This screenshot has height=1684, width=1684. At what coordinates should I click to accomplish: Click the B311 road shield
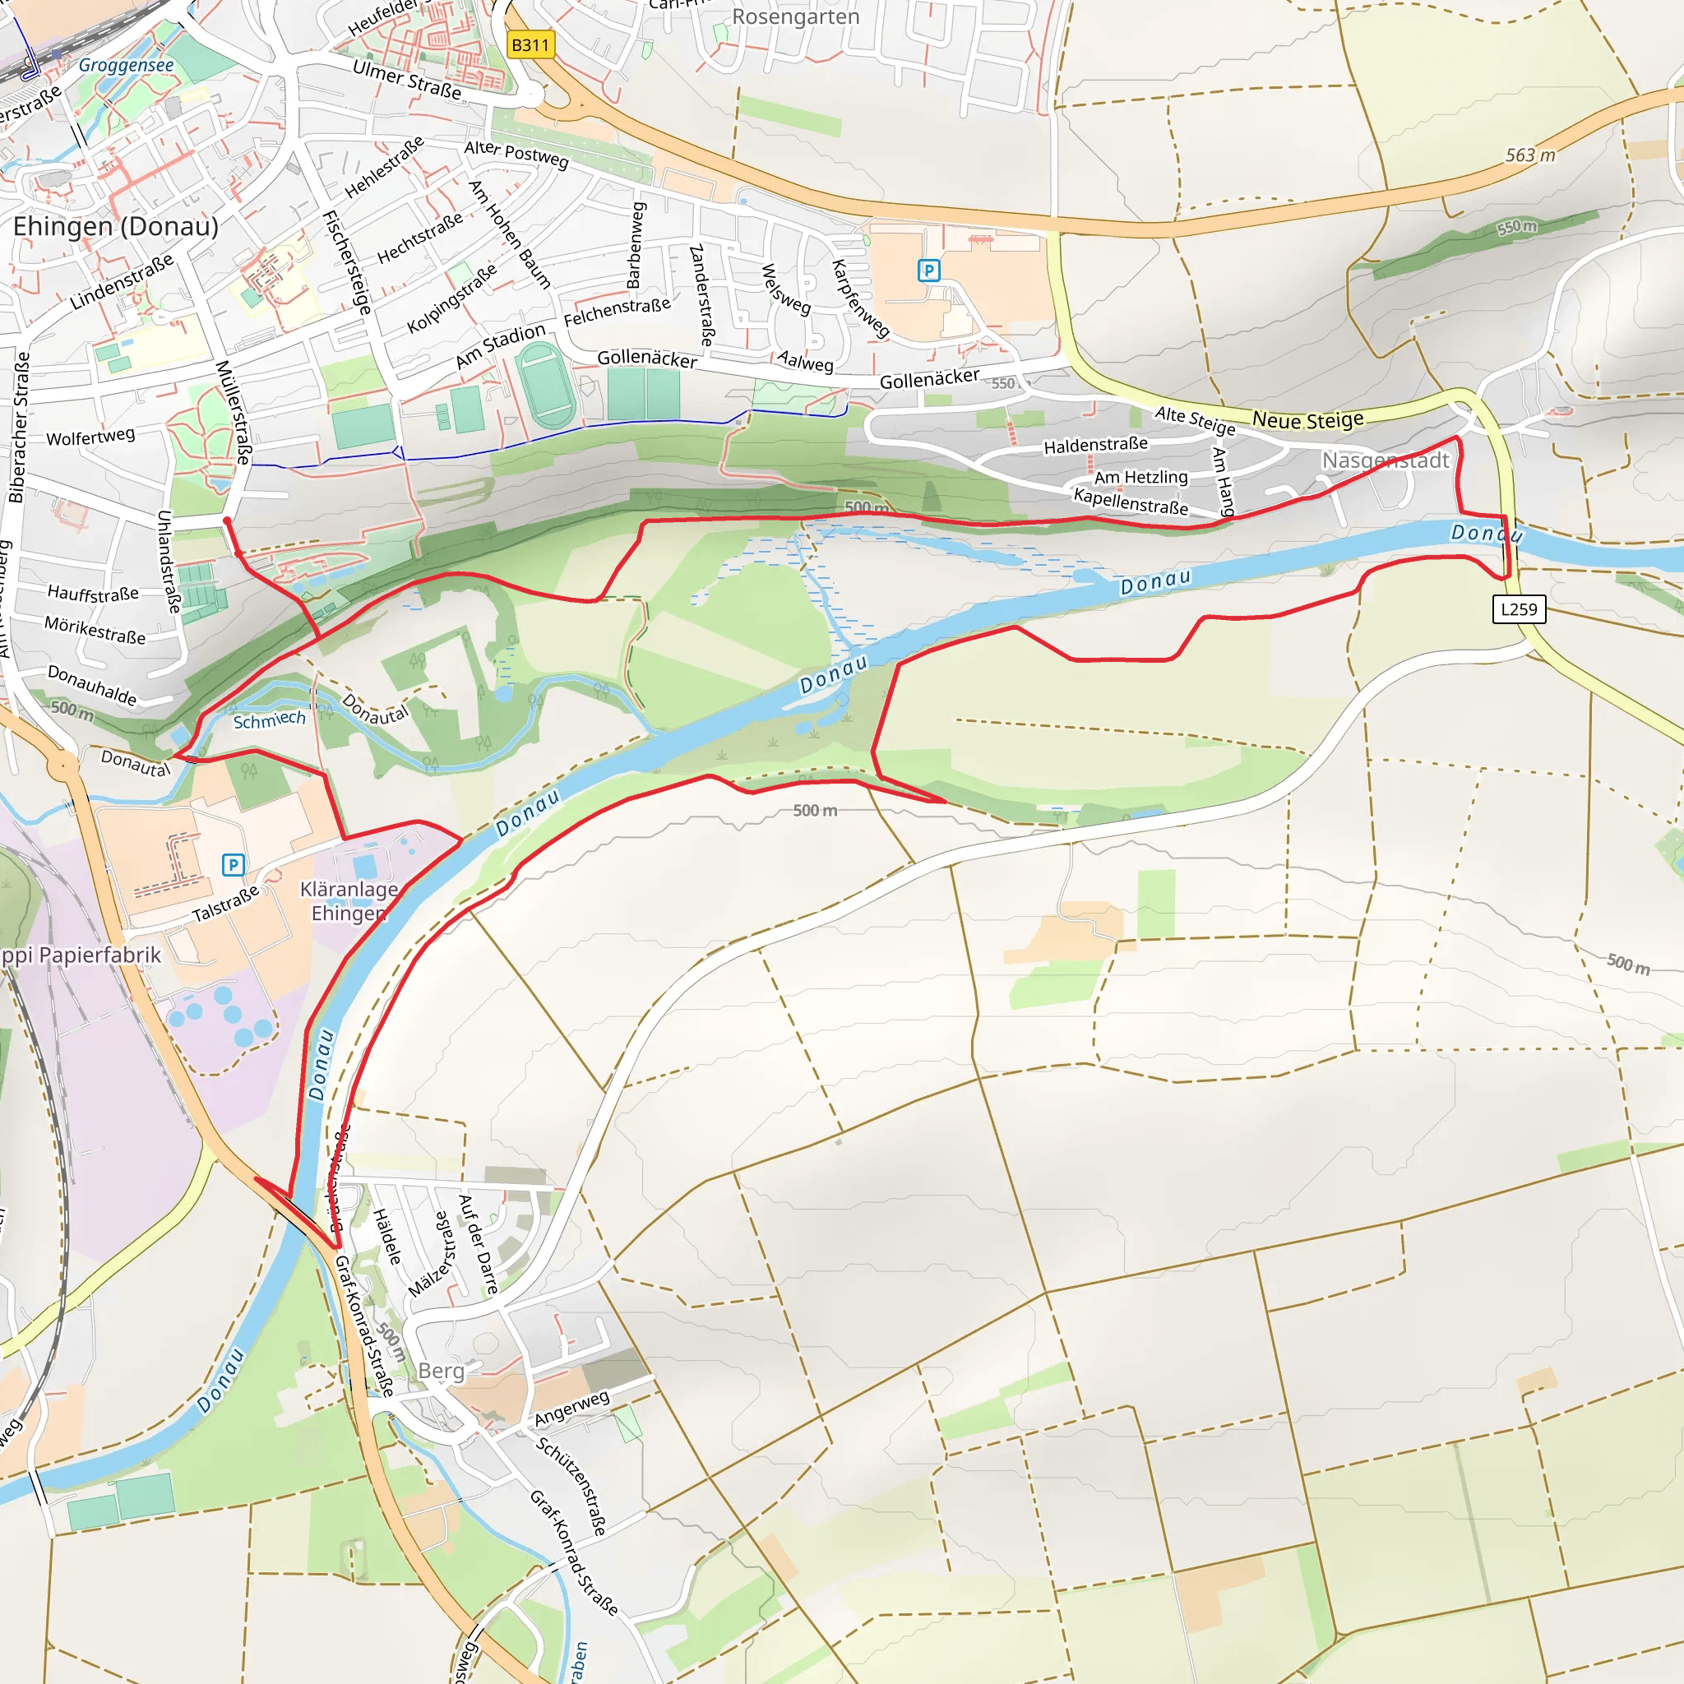[530, 45]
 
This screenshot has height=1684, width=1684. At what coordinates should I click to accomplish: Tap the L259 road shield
[1520, 609]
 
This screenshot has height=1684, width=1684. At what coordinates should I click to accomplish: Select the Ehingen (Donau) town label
[116, 227]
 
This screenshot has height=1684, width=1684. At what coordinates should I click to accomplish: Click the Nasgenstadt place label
[1385, 460]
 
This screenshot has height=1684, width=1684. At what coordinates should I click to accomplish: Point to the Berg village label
[441, 1371]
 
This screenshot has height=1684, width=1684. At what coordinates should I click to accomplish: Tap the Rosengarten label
[795, 17]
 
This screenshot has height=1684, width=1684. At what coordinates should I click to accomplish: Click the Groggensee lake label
[127, 66]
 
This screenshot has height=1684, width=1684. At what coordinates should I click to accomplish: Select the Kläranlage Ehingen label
[349, 901]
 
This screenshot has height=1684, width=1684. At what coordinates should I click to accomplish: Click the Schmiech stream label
[270, 719]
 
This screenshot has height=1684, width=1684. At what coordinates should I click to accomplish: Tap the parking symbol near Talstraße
[233, 865]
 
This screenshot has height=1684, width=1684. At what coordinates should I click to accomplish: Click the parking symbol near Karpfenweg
[929, 271]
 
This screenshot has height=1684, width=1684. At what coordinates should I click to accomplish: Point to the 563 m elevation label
[1529, 155]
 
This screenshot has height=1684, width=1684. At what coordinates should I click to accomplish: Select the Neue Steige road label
[1307, 420]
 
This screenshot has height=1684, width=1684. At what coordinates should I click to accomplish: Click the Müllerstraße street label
[234, 412]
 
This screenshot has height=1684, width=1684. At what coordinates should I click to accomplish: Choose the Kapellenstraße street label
[1131, 502]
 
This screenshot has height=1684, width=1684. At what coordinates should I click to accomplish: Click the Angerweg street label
[571, 1409]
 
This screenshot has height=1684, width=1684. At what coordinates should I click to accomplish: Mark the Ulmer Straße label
[407, 79]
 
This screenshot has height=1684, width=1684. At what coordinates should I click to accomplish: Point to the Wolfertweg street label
[90, 437]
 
